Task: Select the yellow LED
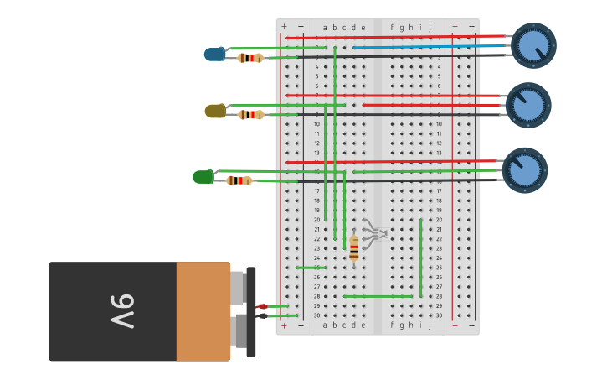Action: (215, 111)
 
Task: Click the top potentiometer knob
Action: (533, 45)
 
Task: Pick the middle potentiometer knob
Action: (528, 105)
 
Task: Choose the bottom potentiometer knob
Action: (525, 170)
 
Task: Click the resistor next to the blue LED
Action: (250, 58)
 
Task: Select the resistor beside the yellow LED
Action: (250, 114)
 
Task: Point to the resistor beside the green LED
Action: (239, 180)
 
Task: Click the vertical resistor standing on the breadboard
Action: (354, 247)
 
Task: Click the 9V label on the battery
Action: (121, 311)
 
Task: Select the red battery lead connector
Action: (262, 306)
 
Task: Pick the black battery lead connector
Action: (262, 315)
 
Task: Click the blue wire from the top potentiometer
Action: (427, 47)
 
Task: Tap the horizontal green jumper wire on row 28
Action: (377, 296)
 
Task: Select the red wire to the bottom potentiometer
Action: (394, 162)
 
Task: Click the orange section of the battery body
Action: (203, 311)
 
